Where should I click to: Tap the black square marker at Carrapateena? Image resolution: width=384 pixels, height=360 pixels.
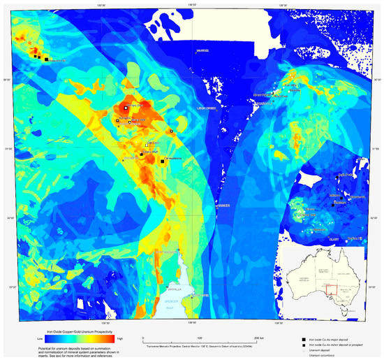click(163, 161)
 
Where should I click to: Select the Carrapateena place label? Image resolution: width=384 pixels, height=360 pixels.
click(173, 158)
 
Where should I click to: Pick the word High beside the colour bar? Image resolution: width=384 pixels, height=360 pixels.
click(120, 337)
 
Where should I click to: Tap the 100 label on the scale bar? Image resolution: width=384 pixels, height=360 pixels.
click(200, 337)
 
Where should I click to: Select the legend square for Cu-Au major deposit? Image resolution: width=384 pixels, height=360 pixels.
click(302, 338)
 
